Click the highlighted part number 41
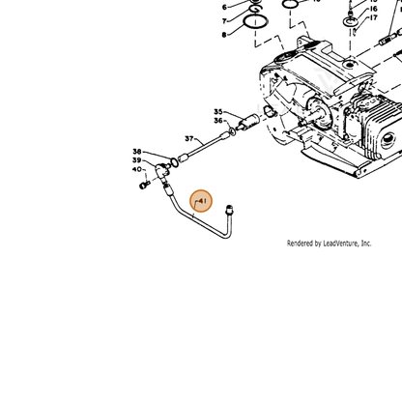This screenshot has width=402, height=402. [x=202, y=201]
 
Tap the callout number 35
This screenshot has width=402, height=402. [x=218, y=112]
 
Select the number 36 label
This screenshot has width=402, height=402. [x=218, y=121]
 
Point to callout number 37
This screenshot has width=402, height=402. [x=189, y=138]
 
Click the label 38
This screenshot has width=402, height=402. [x=137, y=151]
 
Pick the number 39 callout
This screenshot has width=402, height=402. [x=136, y=160]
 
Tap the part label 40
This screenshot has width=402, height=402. [x=136, y=169]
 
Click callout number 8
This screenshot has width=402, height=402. [x=224, y=35]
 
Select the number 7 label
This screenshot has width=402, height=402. [x=224, y=21]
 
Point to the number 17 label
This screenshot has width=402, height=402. [x=373, y=17]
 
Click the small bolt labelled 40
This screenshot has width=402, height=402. [x=145, y=185]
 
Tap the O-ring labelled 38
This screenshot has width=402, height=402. [x=174, y=162]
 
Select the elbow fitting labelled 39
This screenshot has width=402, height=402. [x=162, y=171]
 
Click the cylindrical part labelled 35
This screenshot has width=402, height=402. [x=249, y=123]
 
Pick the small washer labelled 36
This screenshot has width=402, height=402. [x=232, y=131]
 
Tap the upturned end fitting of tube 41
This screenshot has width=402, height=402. [x=229, y=210]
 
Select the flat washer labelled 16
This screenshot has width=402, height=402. [x=351, y=21]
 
